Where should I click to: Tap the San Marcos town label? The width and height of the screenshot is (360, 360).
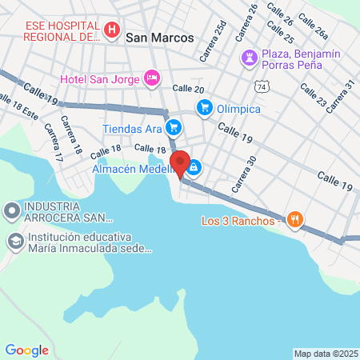[159, 37]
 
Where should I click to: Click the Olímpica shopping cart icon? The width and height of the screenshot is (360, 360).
[204, 106]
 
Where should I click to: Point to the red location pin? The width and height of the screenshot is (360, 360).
[181, 164]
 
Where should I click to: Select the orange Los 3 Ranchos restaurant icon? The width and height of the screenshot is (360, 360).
[295, 220]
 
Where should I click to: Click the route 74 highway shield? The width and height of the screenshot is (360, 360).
[262, 84]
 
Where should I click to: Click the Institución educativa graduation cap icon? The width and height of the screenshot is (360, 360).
[15, 241]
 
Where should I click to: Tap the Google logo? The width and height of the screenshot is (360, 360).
[26, 350]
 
